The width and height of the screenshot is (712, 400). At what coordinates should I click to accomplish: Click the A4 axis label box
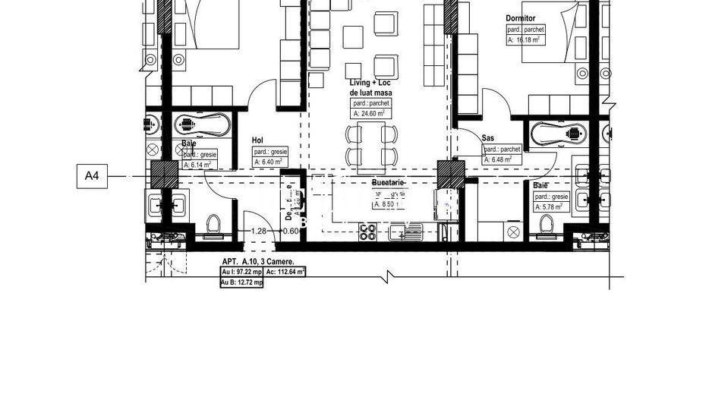point(92,177)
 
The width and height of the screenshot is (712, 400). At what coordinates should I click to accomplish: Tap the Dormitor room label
point(521,17)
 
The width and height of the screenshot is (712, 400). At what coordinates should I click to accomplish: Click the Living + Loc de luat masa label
point(370,87)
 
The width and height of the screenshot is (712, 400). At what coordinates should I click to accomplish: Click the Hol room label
point(257,140)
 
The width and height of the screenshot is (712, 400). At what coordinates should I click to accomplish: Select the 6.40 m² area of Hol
point(269,162)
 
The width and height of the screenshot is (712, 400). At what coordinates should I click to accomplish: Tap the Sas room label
point(488,138)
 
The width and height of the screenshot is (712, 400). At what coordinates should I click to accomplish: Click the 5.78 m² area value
point(549,206)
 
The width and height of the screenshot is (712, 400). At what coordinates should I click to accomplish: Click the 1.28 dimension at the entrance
point(259,231)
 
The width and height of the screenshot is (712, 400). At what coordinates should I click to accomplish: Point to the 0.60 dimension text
point(290,231)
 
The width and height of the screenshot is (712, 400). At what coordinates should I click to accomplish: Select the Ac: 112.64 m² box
point(285,272)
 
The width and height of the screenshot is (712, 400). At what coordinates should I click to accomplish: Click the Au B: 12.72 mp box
point(241,282)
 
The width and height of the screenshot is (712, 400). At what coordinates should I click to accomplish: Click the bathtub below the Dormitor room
point(558,134)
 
